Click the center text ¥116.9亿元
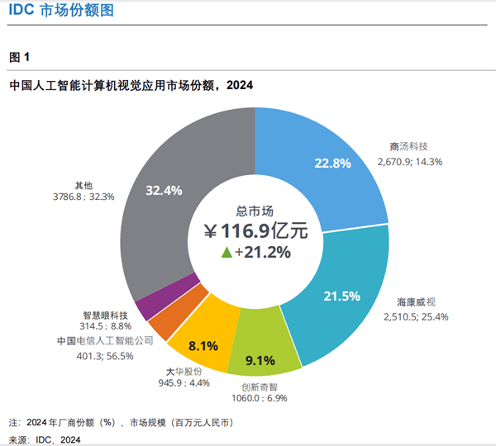(x=255, y=230)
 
